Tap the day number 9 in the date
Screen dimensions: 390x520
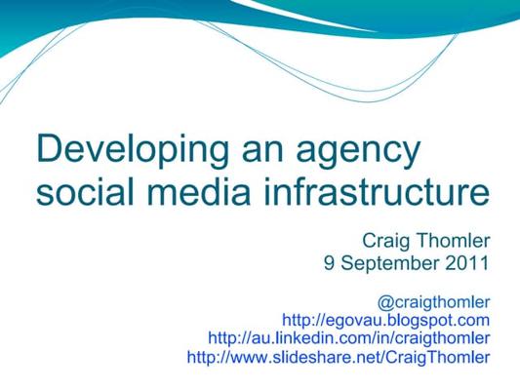[x=330, y=262]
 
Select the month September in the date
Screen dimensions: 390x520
[x=387, y=263]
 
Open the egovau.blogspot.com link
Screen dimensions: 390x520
[x=385, y=320]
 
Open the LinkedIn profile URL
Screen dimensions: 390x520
[x=348, y=338]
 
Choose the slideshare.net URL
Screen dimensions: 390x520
[x=338, y=358]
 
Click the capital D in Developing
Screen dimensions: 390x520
[x=48, y=151]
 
